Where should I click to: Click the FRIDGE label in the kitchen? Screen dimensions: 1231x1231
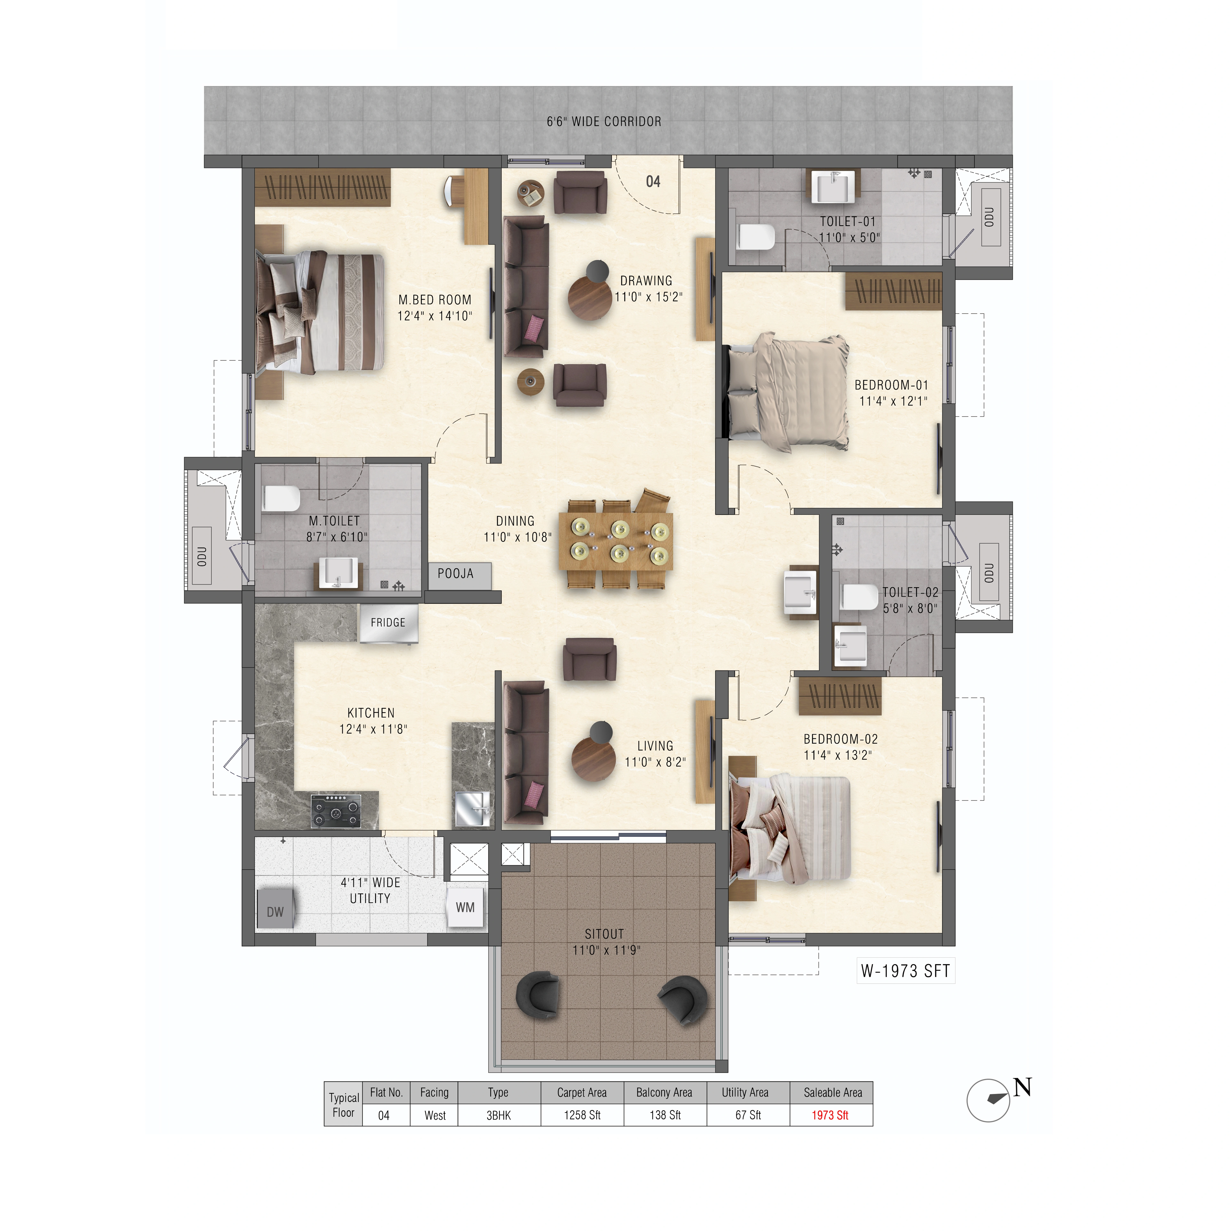click(x=388, y=622)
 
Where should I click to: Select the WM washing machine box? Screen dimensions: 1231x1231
click(x=465, y=907)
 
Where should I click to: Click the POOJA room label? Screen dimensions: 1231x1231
click(x=455, y=573)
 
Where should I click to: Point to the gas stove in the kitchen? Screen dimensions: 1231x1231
click(x=336, y=811)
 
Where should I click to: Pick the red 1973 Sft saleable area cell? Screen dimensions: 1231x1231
click(x=830, y=1115)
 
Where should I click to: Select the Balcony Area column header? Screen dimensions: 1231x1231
click(x=665, y=1092)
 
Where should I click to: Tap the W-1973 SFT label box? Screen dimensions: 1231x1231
click(x=905, y=971)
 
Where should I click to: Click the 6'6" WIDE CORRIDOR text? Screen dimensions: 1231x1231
click(x=604, y=121)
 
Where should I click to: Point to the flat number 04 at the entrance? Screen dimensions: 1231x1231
click(x=653, y=182)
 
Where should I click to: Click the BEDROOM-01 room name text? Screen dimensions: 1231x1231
click(x=891, y=385)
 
